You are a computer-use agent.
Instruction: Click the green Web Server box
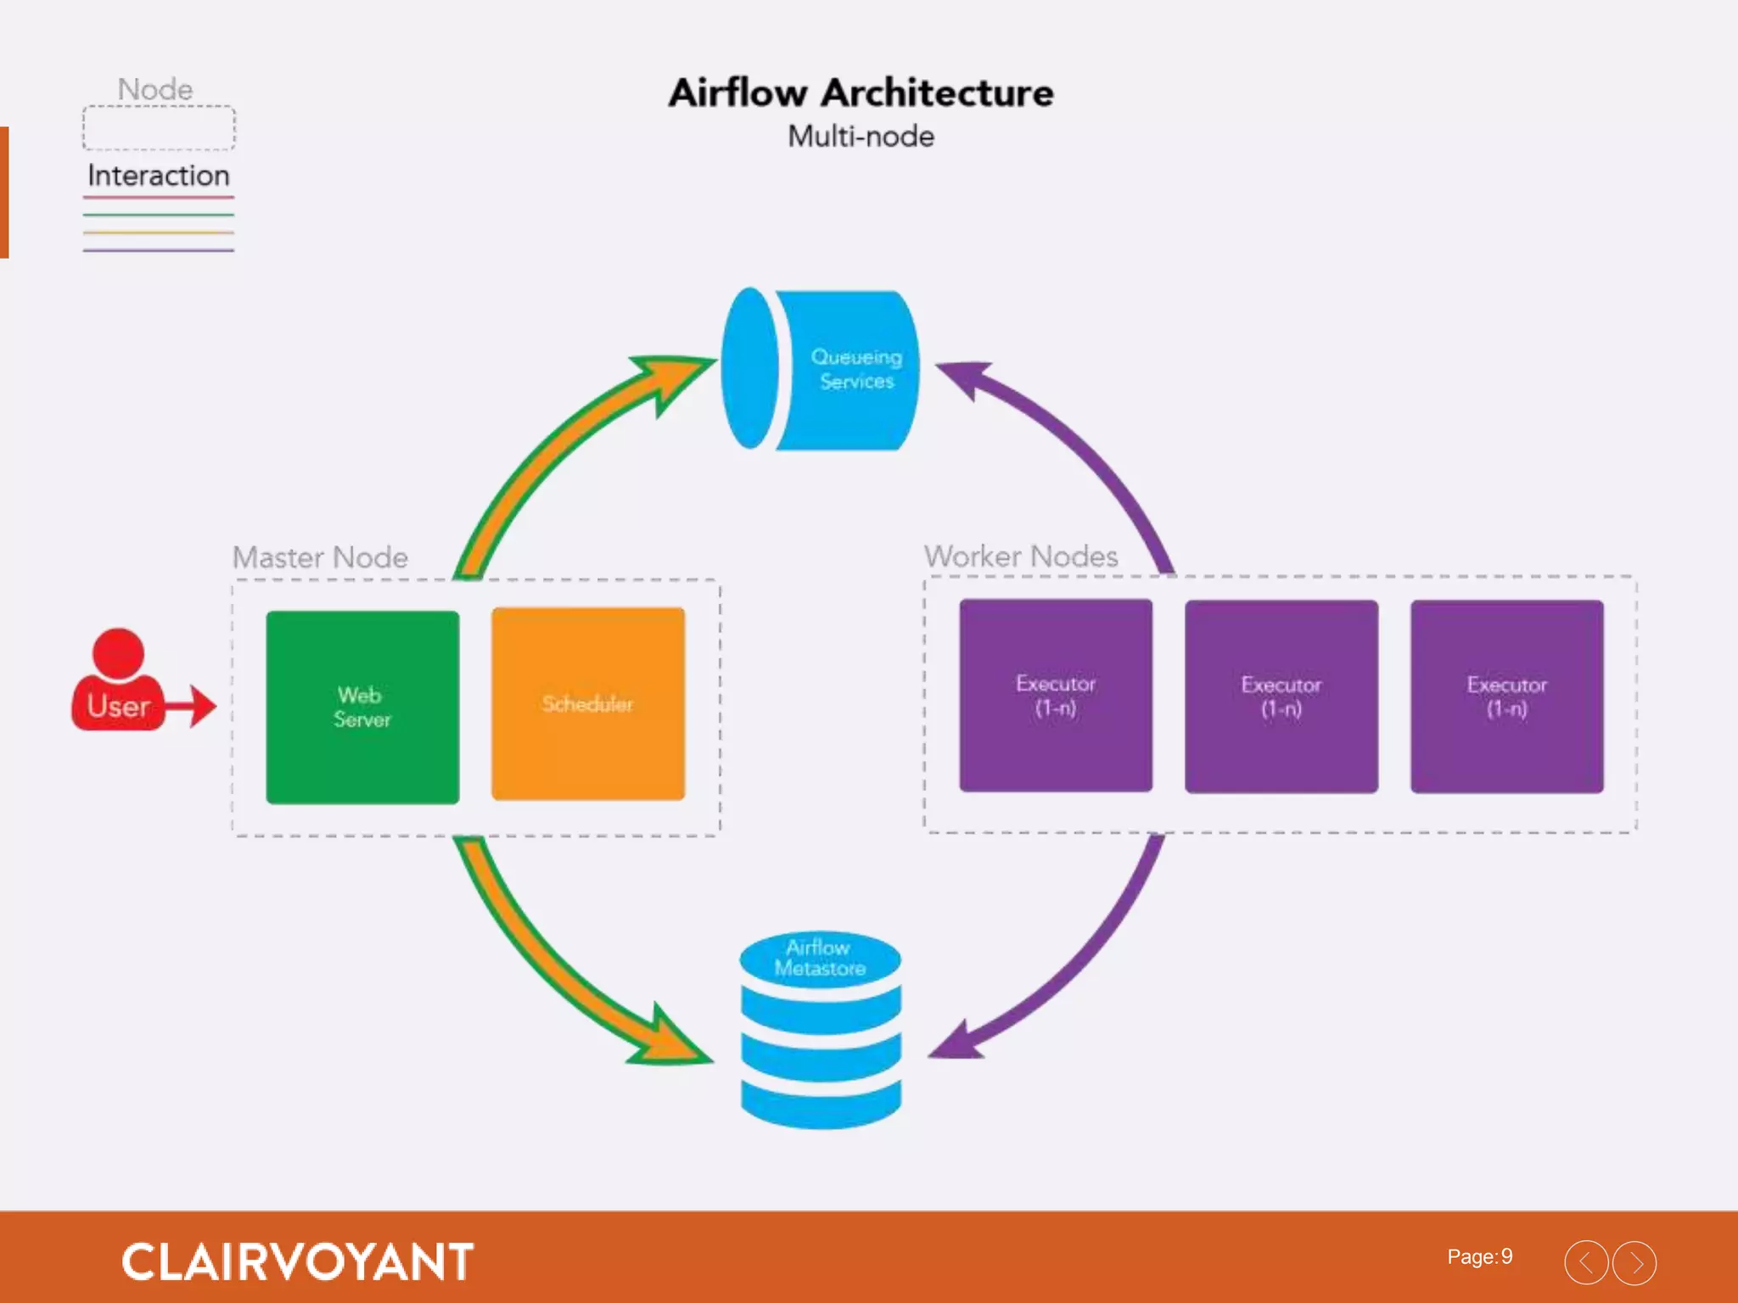[362, 707]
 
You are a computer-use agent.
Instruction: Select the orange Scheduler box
[587, 703]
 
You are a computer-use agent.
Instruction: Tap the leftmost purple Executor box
[1055, 696]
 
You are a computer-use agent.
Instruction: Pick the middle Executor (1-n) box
[1281, 696]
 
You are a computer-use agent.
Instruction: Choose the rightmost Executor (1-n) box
[1506, 696]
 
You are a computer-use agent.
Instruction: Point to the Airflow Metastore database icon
[820, 1032]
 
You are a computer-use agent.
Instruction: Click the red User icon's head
[118, 653]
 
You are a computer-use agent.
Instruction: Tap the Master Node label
[320, 557]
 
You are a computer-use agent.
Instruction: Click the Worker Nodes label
[1020, 556]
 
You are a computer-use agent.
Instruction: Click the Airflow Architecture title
[861, 92]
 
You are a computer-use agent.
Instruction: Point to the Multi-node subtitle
[861, 137]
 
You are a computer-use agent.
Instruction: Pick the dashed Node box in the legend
[159, 128]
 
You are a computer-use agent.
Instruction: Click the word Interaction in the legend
[159, 176]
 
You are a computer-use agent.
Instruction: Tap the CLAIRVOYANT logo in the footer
[297, 1261]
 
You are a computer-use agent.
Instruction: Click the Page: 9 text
[1479, 1256]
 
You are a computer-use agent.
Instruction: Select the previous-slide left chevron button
[1585, 1262]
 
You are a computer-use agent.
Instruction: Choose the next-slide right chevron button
[1634, 1262]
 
